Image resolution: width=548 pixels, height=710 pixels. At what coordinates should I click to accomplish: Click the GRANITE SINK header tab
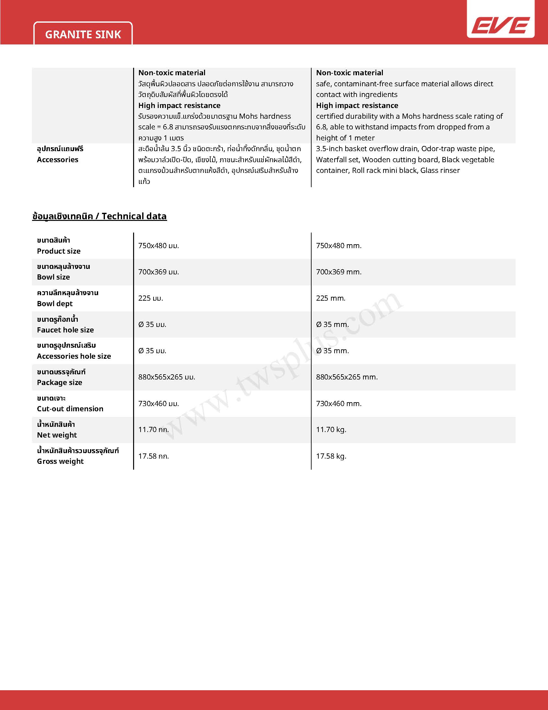coord(83,34)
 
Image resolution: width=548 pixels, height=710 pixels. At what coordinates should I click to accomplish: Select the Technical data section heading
coord(99,216)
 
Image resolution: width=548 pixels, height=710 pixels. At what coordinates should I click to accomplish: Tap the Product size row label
coord(58,251)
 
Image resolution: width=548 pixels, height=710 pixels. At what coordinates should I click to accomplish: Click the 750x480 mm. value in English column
coord(338,246)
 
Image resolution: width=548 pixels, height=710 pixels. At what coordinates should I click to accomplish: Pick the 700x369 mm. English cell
coord(338,272)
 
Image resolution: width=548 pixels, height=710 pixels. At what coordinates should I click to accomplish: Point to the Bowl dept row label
coord(54,304)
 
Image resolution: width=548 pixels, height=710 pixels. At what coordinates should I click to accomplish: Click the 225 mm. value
coord(330,298)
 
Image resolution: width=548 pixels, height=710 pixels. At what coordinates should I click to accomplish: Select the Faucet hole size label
coord(65,330)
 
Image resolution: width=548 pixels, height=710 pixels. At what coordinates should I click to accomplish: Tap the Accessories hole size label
coord(74,356)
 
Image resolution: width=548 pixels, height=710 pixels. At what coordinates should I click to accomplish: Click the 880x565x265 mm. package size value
coord(347,377)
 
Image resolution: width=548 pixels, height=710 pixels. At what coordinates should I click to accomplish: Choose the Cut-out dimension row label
coord(70,409)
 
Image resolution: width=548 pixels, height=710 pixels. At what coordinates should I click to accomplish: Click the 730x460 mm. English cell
coord(338,403)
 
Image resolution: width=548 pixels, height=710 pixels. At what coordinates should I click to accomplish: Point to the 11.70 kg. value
coord(331,429)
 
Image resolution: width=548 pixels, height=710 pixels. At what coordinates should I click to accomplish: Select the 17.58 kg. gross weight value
coord(331,456)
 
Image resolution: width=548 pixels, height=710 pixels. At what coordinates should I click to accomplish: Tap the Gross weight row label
coord(60,461)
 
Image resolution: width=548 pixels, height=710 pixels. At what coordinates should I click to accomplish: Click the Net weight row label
coord(57,435)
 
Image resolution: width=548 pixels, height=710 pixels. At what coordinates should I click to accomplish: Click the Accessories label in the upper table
coord(57,160)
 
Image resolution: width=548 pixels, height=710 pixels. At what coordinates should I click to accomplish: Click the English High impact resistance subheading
coord(357,105)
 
